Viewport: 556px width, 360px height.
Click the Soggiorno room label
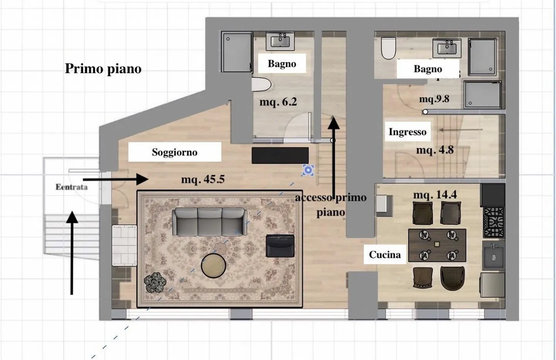[175, 152]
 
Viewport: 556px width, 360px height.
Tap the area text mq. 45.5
[203, 179]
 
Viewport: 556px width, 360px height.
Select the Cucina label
[385, 255]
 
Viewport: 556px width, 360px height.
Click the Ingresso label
[408, 132]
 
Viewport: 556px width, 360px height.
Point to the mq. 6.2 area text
[278, 102]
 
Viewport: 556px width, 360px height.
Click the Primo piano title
[103, 68]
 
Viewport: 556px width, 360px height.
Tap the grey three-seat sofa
[210, 221]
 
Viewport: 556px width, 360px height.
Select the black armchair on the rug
[280, 246]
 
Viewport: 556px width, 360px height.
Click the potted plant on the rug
[155, 282]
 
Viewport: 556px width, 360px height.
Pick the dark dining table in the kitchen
[437, 245]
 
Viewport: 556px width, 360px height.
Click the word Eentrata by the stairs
[71, 187]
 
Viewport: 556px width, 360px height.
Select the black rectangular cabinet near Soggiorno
[280, 155]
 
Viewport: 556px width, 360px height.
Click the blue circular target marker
[308, 170]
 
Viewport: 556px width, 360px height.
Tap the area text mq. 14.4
[435, 194]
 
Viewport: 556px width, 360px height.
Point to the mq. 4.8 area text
[435, 150]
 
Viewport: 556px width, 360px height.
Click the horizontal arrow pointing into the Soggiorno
[116, 179]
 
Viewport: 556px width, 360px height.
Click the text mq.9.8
[434, 99]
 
